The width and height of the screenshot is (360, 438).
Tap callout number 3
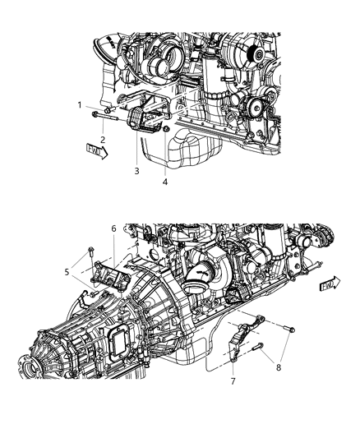(x=137, y=171)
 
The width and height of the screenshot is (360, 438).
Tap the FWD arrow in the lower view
(x=329, y=284)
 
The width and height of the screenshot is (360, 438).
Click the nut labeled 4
(x=167, y=130)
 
